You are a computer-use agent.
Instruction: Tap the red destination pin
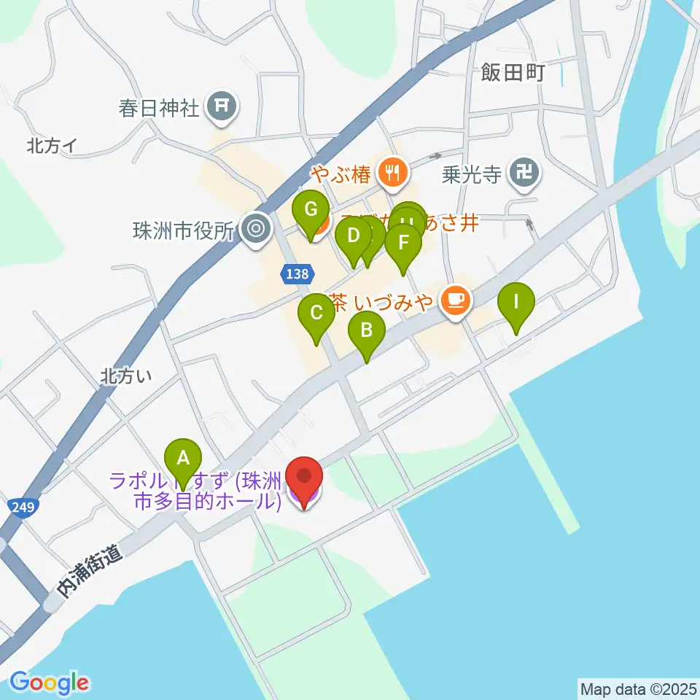[303, 478]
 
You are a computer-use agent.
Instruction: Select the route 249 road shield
[23, 506]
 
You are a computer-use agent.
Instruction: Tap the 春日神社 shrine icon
[221, 107]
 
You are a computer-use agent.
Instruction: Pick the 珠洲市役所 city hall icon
[256, 229]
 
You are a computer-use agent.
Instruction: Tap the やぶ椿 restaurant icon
[394, 173]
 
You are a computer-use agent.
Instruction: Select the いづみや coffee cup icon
[456, 299]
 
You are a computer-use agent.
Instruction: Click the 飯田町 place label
[513, 73]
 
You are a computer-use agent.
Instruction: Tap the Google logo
[50, 682]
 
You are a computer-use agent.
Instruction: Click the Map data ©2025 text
[637, 688]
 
